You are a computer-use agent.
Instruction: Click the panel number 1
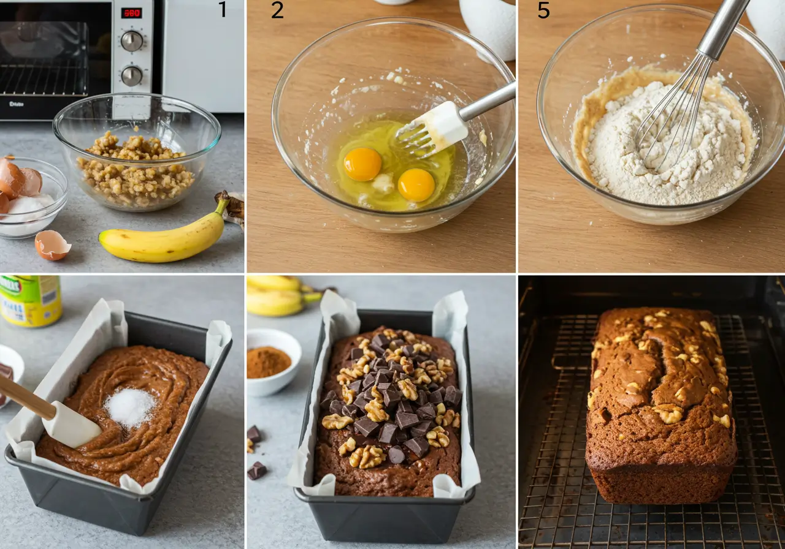pos(223,10)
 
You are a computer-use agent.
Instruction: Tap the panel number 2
pos(277,10)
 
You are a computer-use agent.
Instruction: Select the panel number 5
pos(543,10)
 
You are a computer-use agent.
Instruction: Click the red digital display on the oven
pos(131,13)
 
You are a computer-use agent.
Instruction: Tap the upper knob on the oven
pos(131,41)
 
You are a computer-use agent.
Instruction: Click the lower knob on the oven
pos(131,75)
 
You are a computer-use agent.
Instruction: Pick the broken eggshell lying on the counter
pos(52,245)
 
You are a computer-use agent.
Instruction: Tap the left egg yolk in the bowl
pos(362,164)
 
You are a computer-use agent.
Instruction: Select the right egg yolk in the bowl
pos(416,184)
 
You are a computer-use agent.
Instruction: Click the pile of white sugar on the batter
pos(129,407)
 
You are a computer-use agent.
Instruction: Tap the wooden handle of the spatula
pos(25,395)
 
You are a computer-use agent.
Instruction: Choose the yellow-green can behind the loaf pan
pos(30,300)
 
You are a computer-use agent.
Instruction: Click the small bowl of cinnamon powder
pos(269,362)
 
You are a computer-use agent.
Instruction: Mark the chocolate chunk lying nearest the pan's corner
pos(256,470)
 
